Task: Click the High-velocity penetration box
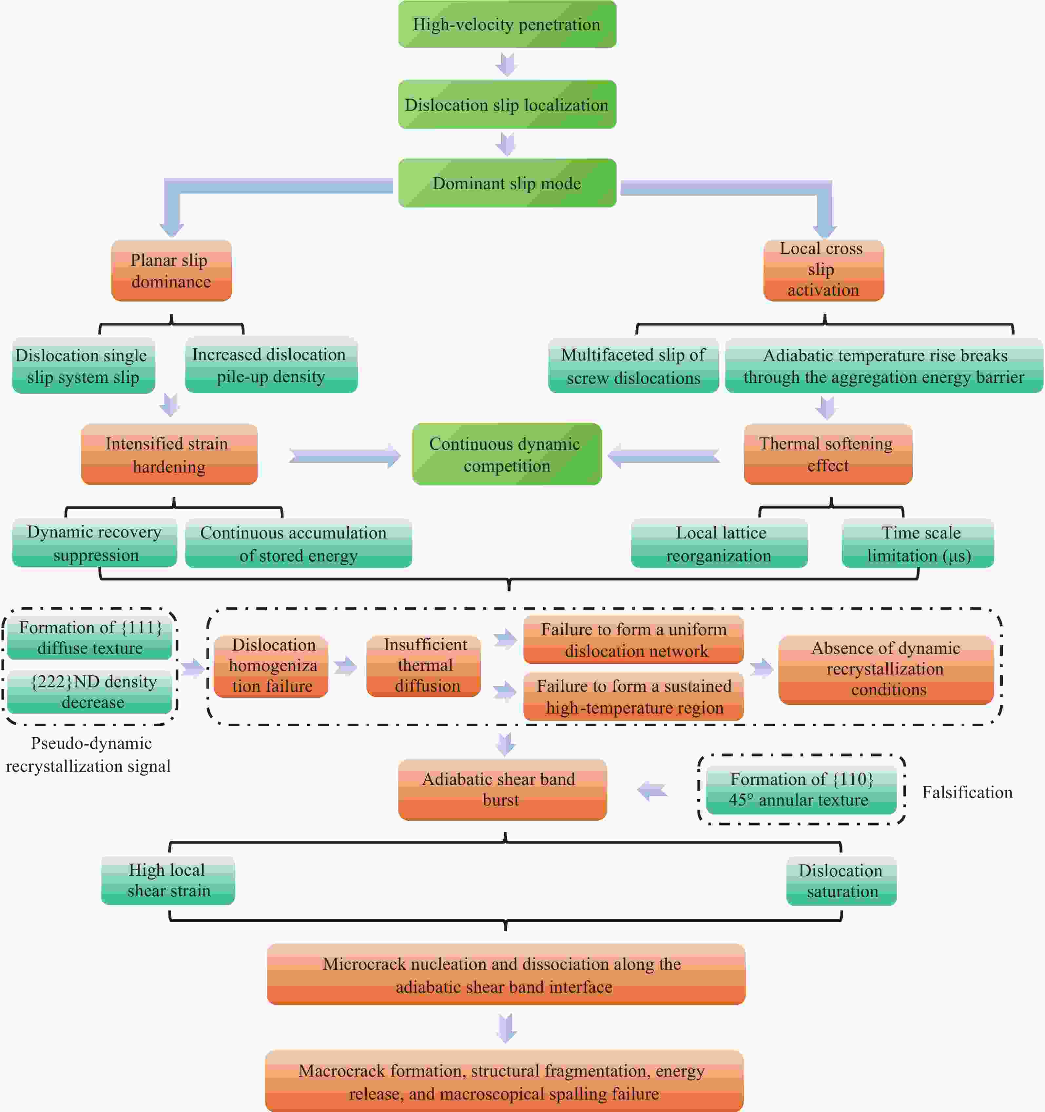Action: [507, 24]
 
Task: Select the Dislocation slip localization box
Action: [507, 105]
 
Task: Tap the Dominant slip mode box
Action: [507, 183]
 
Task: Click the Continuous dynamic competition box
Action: [507, 454]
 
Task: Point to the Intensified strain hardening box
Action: [169, 454]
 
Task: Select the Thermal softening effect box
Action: [828, 454]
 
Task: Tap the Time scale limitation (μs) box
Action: [918, 543]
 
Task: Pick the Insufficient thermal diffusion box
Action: [423, 666]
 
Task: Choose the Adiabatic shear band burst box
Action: [502, 789]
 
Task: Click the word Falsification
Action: [967, 792]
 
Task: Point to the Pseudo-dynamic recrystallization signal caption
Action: [88, 754]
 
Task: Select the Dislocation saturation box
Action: [842, 880]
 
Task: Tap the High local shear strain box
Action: [168, 880]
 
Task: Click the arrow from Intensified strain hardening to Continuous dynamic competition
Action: [345, 457]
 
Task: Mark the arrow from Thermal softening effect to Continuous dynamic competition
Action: [664, 457]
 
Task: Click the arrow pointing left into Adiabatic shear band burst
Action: [652, 791]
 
